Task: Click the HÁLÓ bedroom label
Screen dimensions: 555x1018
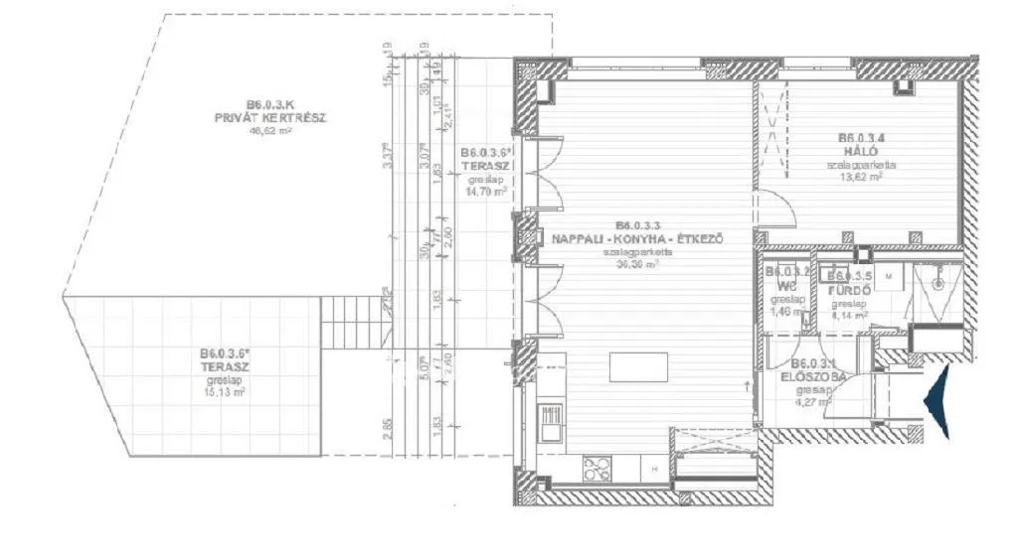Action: (860, 152)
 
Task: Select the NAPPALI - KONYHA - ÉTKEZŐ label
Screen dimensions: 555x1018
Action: (636, 238)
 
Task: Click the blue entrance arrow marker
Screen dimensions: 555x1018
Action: (937, 400)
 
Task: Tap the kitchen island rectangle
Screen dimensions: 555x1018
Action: (638, 366)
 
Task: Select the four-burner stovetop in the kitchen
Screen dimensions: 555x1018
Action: (598, 467)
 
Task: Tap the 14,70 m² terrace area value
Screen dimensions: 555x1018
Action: (485, 193)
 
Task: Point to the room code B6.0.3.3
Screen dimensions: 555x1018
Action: (636, 225)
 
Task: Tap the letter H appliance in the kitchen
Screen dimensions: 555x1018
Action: (654, 468)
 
